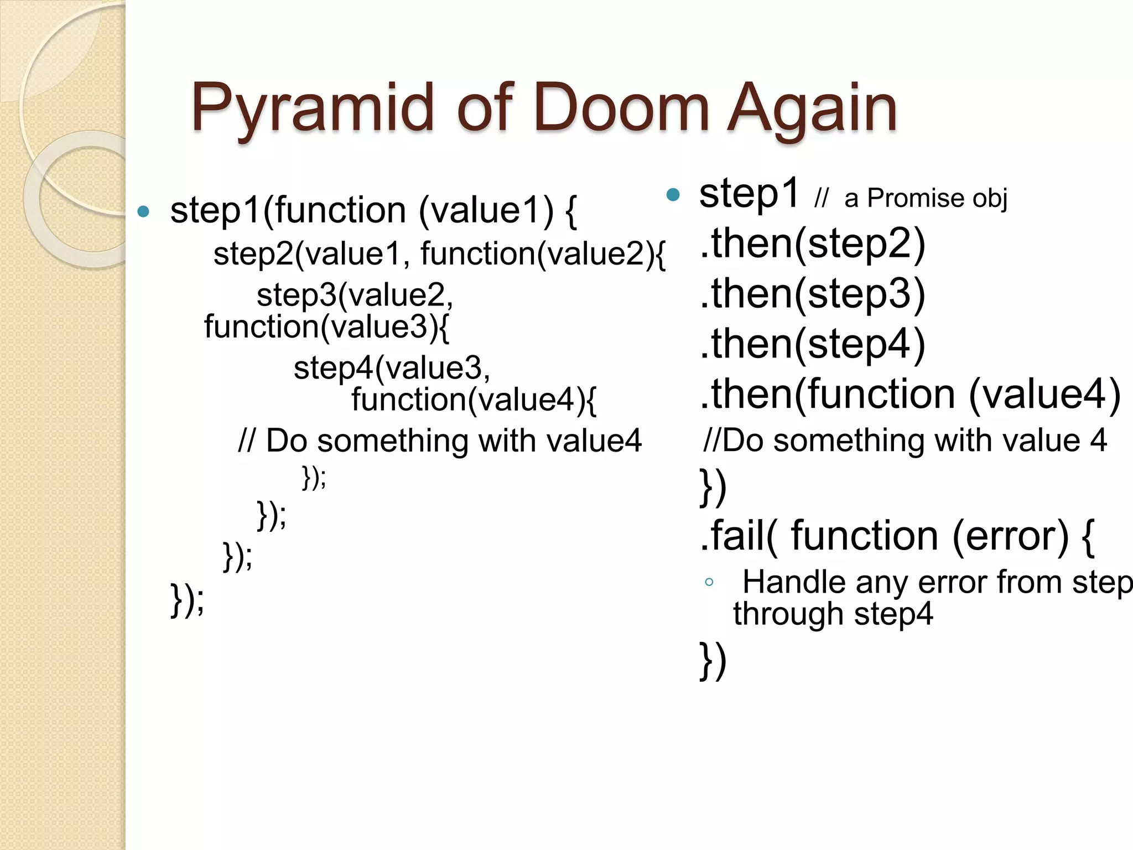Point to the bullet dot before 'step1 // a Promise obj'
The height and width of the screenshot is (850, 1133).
click(673, 194)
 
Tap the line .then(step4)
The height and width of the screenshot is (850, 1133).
click(812, 344)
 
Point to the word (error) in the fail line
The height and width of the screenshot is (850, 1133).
click(1010, 536)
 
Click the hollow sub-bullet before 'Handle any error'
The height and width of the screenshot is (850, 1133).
click(709, 582)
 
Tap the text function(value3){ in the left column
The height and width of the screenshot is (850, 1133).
click(326, 326)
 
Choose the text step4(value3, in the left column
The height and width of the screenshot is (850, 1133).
click(392, 368)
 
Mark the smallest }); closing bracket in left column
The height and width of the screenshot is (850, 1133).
click(314, 477)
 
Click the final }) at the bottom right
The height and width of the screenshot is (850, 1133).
click(713, 660)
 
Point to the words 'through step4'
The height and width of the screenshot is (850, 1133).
click(833, 614)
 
